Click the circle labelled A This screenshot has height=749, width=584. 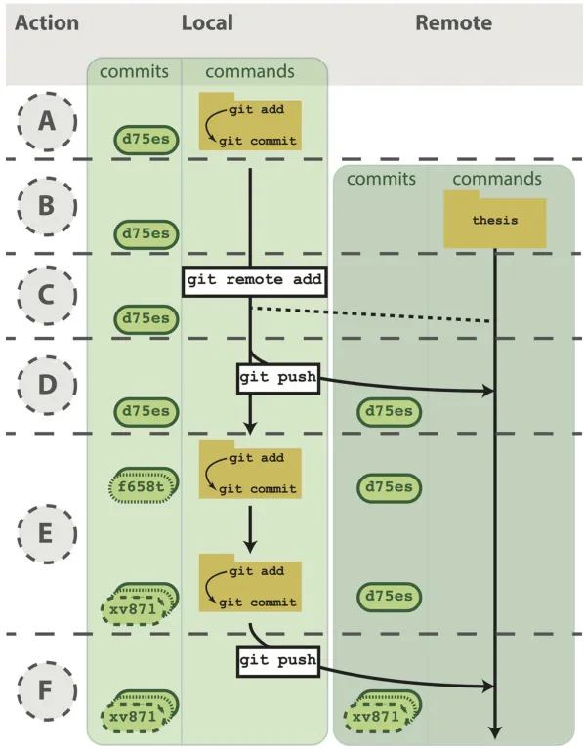(47, 122)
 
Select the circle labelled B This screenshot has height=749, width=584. (47, 206)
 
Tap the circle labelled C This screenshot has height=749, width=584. (47, 295)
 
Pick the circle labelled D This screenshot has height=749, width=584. (47, 385)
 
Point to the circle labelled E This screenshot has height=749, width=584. (47, 533)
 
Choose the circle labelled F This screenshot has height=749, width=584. (47, 690)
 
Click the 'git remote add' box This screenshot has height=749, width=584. (255, 282)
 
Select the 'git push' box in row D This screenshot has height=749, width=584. (278, 378)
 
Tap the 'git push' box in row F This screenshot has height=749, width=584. (278, 661)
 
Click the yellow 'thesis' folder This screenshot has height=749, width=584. (495, 220)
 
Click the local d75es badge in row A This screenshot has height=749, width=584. (146, 140)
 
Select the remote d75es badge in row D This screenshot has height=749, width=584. (389, 412)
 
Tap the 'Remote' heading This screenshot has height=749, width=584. (454, 22)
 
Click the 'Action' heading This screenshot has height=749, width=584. (47, 22)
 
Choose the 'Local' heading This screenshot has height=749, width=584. (207, 22)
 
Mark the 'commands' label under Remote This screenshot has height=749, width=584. (497, 179)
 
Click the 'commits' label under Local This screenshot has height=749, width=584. (134, 72)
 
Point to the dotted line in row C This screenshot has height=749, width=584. (371, 314)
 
